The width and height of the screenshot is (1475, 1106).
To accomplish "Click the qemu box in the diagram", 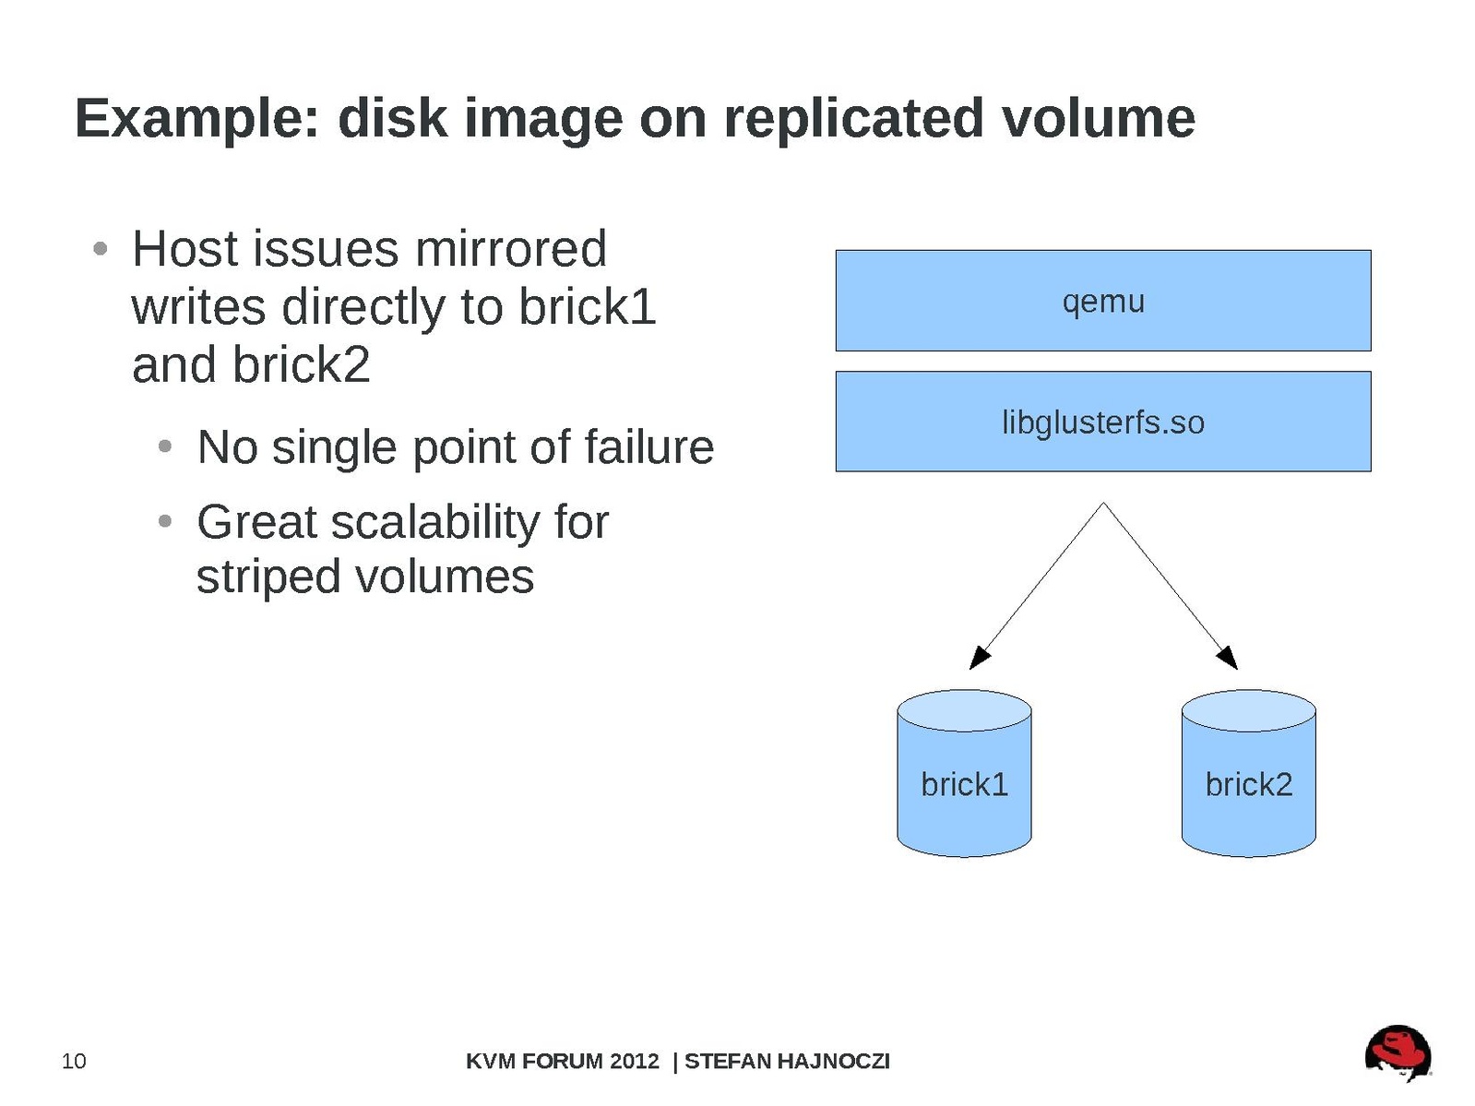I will pos(1102,301).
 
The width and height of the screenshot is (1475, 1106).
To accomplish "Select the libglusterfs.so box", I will pos(1102,422).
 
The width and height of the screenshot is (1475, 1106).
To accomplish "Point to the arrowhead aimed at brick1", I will pos(979,658).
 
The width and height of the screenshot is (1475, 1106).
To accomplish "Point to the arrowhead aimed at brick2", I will pos(1228,658).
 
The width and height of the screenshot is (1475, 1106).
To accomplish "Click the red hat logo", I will pos(1398,1052).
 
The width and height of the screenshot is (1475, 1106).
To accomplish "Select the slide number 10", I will pos(74,1061).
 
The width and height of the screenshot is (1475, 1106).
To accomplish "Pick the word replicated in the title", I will pos(853,119).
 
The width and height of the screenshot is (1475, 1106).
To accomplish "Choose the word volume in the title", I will pos(1098,119).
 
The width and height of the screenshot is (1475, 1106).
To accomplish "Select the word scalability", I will pos(434,522).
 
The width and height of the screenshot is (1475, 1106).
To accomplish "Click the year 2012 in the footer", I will pos(635,1061).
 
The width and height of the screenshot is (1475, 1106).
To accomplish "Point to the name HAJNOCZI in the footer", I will pos(833,1061).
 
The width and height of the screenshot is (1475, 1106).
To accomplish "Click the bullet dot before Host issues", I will pos(101,249).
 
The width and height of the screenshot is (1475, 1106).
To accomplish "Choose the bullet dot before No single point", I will pos(165,447).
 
